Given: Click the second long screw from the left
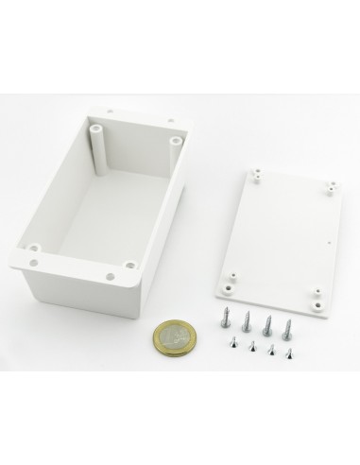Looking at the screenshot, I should tap(246, 321).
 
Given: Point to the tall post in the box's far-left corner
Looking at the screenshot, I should tap(98, 142).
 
